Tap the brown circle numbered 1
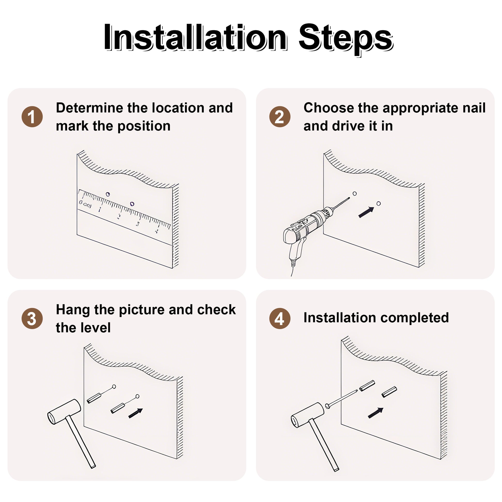[x=32, y=117]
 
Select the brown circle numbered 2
[x=280, y=117]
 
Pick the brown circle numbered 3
[x=32, y=319]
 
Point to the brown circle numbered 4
[x=280, y=319]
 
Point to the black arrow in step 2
[x=366, y=212]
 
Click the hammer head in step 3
[x=64, y=412]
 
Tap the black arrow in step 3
[x=136, y=413]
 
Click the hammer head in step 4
[x=307, y=415]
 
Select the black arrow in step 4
[x=376, y=413]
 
